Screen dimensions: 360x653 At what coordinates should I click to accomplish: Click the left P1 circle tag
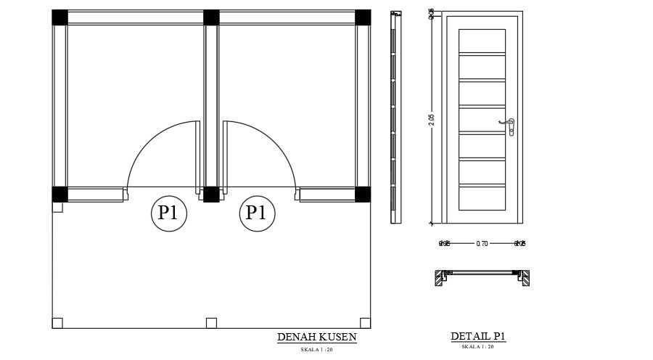(x=169, y=213)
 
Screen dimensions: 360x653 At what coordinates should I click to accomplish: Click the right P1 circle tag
(x=257, y=213)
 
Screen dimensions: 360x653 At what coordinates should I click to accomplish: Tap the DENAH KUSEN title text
(x=317, y=337)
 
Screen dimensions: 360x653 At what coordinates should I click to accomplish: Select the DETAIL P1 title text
(x=477, y=336)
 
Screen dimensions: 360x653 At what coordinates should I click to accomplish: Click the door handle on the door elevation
(x=511, y=126)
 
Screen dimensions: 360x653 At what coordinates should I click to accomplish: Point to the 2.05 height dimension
(x=432, y=120)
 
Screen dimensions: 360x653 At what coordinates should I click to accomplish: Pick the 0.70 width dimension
(x=482, y=244)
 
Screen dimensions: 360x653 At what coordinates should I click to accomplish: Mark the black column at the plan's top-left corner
(x=59, y=17)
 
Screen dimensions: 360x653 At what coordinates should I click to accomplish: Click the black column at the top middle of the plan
(x=211, y=17)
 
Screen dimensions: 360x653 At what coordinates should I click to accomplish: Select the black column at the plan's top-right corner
(x=363, y=17)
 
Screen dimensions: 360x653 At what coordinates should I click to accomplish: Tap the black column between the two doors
(x=211, y=195)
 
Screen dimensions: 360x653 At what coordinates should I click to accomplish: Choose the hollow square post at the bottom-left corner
(x=57, y=323)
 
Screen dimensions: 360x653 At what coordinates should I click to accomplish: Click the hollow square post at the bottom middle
(x=211, y=323)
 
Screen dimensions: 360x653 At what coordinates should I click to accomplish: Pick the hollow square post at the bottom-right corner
(x=365, y=323)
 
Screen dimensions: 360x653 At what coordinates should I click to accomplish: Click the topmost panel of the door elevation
(x=482, y=41)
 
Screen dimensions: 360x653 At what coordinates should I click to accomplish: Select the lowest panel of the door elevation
(x=482, y=197)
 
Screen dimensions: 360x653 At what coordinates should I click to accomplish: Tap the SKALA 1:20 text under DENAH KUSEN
(x=316, y=350)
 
